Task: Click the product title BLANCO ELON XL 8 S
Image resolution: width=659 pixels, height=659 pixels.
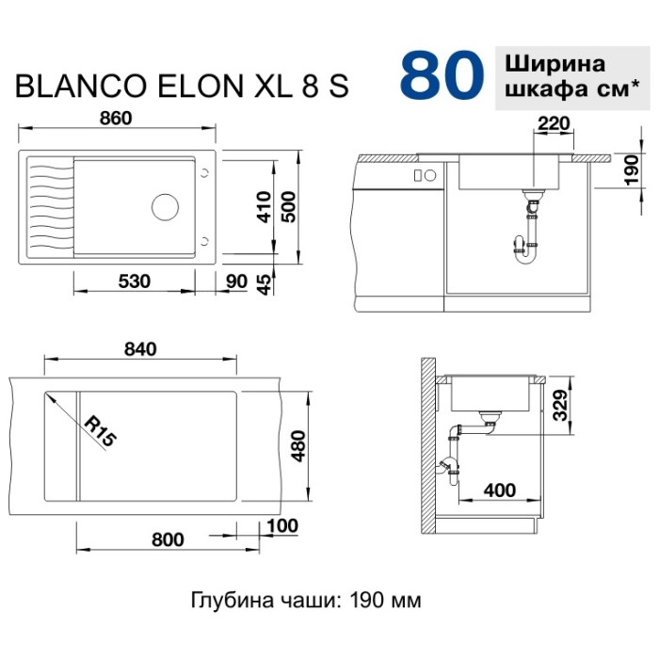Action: (x=182, y=87)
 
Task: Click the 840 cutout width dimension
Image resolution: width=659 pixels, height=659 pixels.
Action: (x=138, y=348)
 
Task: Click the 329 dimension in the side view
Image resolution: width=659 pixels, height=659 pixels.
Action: (x=561, y=406)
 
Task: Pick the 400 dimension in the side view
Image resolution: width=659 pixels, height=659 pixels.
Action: (x=499, y=490)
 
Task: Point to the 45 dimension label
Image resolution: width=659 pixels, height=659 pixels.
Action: (x=265, y=282)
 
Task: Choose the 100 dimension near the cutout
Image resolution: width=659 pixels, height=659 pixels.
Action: (x=282, y=525)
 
